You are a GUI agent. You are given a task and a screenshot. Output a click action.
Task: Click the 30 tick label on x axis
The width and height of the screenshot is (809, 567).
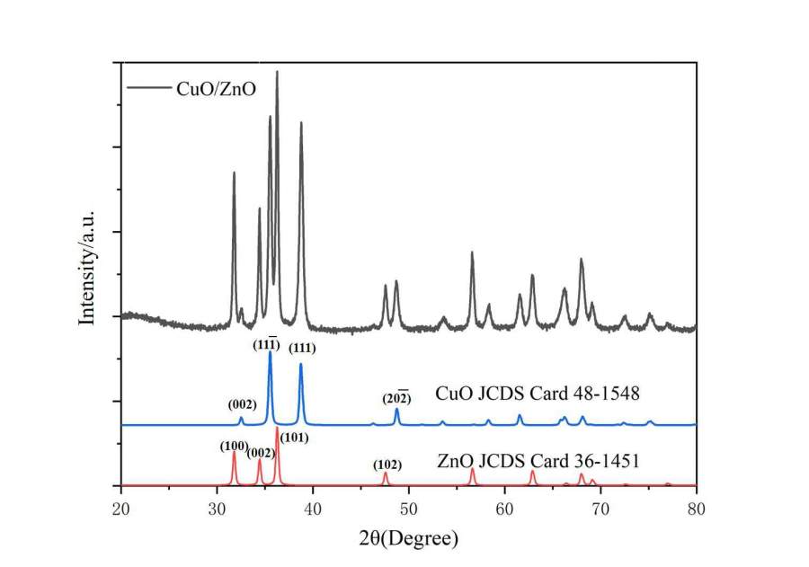217,508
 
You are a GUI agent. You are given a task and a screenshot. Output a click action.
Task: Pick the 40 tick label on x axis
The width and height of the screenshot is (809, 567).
313,508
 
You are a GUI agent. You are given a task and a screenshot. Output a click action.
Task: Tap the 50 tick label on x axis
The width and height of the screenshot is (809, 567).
409,508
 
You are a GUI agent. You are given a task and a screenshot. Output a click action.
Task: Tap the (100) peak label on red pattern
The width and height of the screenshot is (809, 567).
234,446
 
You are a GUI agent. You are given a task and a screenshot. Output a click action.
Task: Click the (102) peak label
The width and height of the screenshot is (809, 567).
387,465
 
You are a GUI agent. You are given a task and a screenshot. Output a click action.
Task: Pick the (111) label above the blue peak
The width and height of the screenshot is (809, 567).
303,349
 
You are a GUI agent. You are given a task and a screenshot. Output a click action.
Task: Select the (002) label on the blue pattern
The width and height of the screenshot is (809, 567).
241,404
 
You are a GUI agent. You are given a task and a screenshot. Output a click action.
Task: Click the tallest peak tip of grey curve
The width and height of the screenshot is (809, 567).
277,72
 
